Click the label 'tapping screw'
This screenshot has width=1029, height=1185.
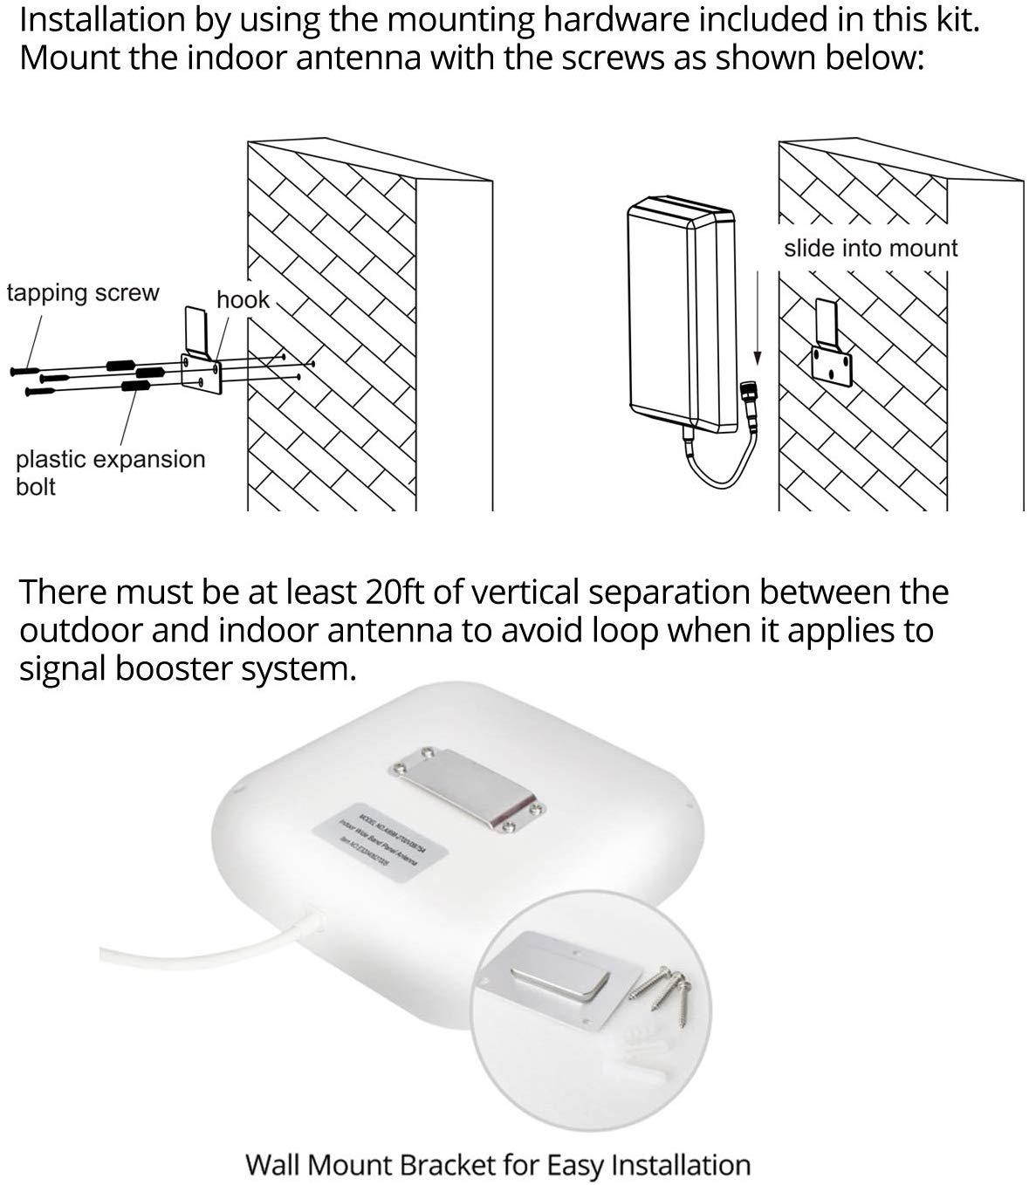point(83,293)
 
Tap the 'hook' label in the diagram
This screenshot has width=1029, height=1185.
point(243,300)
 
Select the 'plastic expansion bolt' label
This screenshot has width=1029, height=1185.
point(110,472)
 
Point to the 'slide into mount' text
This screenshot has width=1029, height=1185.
point(870,249)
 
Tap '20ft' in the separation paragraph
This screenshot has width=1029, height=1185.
point(393,592)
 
